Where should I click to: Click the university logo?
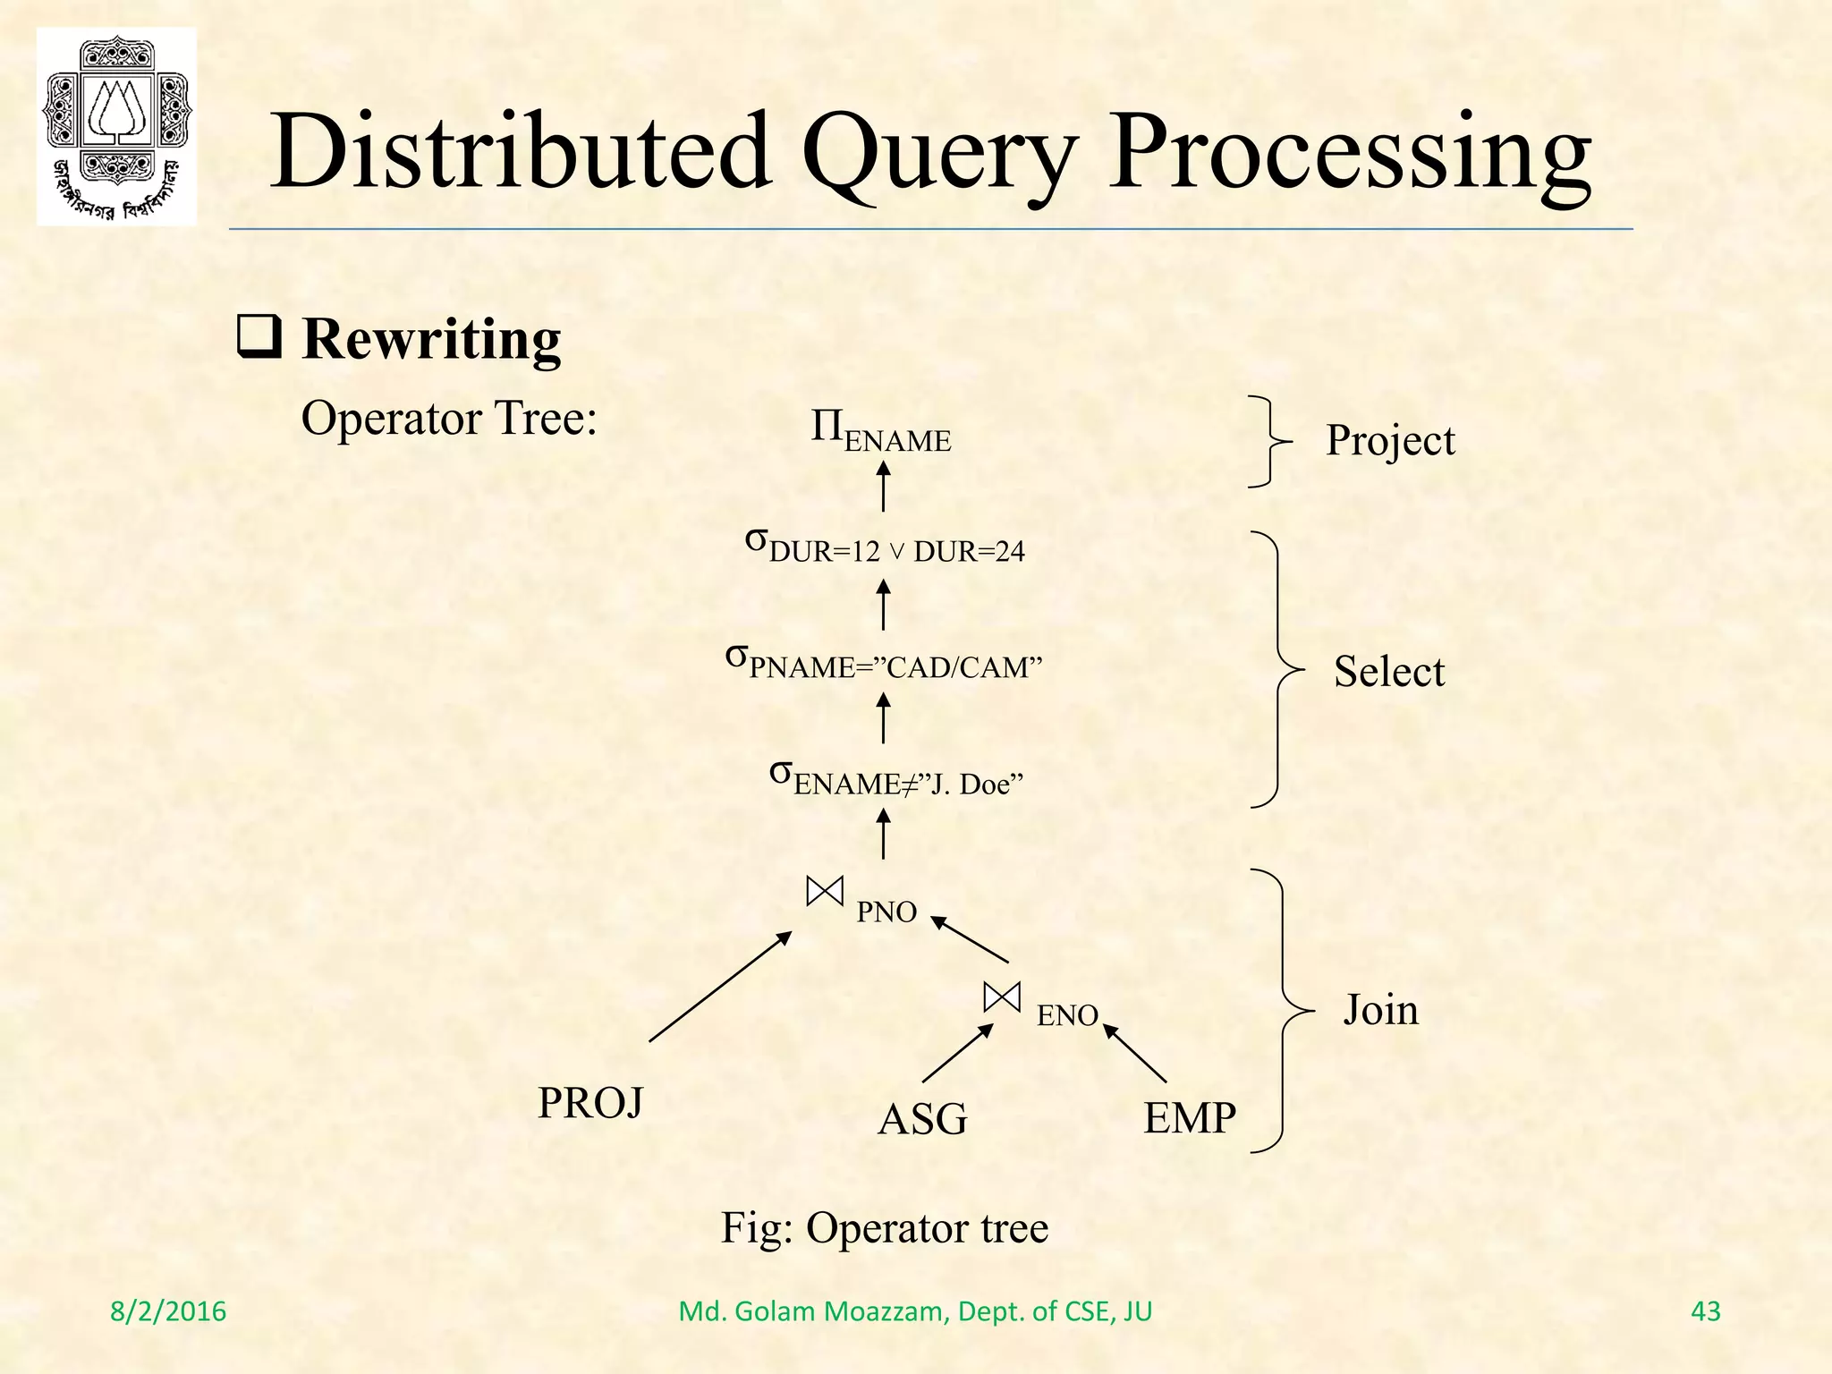pos(116,126)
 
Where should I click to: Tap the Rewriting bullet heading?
pos(431,340)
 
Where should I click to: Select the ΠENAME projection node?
pos(880,430)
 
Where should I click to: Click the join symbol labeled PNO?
pos(824,891)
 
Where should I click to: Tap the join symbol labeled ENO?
pos(1001,997)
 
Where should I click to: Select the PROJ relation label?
pos(589,1103)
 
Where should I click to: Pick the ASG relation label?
pos(922,1119)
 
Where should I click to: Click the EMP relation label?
pos(1190,1118)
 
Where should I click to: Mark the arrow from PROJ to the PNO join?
pos(720,987)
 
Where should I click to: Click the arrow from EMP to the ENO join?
pos(1135,1053)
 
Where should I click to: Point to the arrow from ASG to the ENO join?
pos(957,1053)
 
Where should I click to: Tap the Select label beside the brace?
pos(1388,672)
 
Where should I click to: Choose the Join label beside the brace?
pos(1380,1010)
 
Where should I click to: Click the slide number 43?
pos(1706,1311)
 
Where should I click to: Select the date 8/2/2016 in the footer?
pos(168,1311)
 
